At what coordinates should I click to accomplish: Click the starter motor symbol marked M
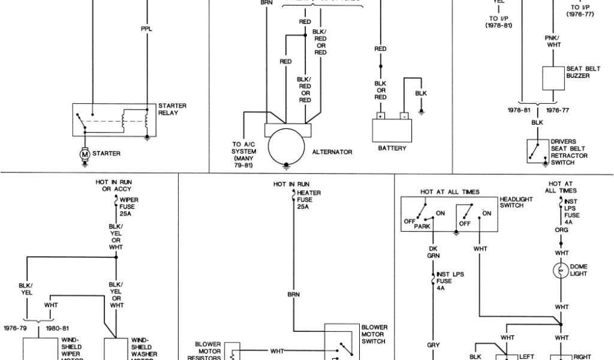point(85,154)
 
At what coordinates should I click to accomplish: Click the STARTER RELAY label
point(172,109)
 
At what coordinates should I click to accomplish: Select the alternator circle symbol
point(287,148)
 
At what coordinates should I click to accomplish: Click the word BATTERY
point(392,148)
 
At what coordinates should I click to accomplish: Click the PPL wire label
point(146,28)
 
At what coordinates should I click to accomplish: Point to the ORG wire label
point(562,229)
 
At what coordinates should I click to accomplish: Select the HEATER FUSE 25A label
point(306,199)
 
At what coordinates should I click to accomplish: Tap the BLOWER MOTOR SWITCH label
point(375,334)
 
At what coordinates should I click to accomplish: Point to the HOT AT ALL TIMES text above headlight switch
point(450,192)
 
